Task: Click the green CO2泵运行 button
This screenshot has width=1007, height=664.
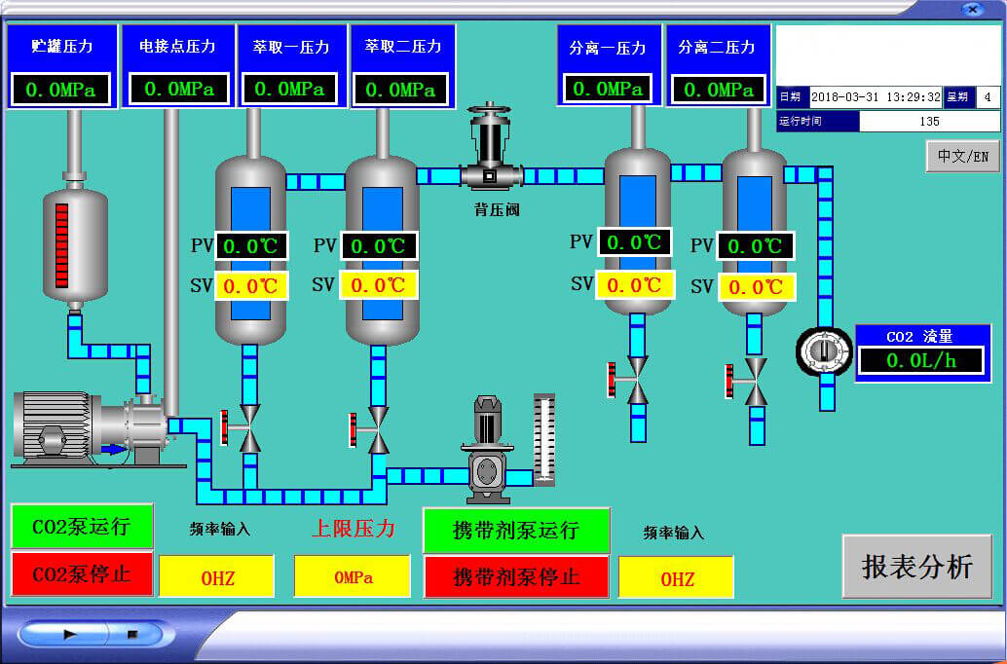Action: [x=82, y=527]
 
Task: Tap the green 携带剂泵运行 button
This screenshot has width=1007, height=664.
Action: [x=516, y=531]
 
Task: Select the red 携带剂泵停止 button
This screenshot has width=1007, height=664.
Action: [x=516, y=576]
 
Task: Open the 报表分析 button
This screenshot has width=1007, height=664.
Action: [x=916, y=566]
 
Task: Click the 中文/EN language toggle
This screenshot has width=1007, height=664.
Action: [x=962, y=156]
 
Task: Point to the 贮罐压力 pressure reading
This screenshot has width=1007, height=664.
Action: [x=61, y=90]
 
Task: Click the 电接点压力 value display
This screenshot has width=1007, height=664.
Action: [x=179, y=90]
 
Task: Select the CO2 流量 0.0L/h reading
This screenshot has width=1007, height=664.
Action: [x=921, y=360]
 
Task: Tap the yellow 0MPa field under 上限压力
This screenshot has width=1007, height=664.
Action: [x=353, y=576]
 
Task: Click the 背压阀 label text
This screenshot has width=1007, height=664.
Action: [x=497, y=208]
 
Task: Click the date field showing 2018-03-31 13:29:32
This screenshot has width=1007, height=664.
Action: [x=875, y=96]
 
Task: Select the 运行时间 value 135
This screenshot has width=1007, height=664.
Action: [x=929, y=122]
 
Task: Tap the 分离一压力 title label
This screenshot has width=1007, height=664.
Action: [x=608, y=48]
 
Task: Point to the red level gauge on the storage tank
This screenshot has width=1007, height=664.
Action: [x=62, y=244]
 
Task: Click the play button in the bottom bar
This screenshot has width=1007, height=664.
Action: [x=70, y=634]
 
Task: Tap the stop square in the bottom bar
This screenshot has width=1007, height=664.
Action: [x=132, y=634]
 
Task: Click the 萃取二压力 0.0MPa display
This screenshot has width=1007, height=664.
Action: [x=400, y=90]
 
